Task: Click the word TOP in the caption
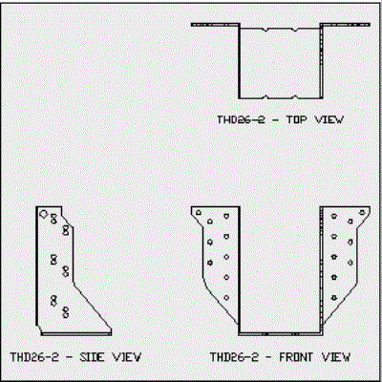pyautogui.click(x=297, y=120)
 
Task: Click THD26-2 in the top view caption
pyautogui.click(x=241, y=120)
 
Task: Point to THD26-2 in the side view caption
pyautogui.click(x=34, y=357)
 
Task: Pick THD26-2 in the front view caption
pyautogui.click(x=234, y=357)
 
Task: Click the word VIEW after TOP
pyautogui.click(x=329, y=120)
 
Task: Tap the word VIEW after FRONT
pyautogui.click(x=336, y=357)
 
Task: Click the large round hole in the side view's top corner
pyautogui.click(x=44, y=214)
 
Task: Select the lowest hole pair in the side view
pyautogui.click(x=66, y=312)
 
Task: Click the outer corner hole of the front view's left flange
pyautogui.click(x=199, y=212)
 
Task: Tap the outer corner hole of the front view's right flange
pyautogui.click(x=362, y=212)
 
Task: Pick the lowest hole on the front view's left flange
pyautogui.click(x=226, y=298)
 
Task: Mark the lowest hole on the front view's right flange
pyautogui.click(x=334, y=298)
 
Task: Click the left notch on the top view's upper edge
pyautogui.click(x=266, y=30)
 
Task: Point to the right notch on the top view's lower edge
pyautogui.click(x=295, y=96)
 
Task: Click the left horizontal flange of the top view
pyautogui.click(x=215, y=25)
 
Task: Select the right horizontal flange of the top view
pyautogui.click(x=345, y=25)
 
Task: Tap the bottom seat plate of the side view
pyautogui.click(x=76, y=333)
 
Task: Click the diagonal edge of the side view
pyautogui.click(x=93, y=306)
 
